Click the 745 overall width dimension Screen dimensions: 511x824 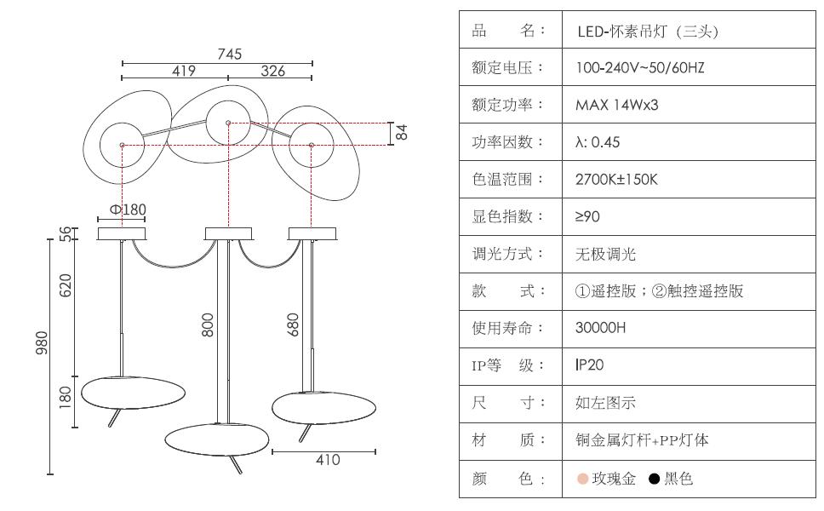point(229,54)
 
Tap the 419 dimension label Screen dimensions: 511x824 point(184,72)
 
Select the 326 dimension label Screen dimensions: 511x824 point(272,72)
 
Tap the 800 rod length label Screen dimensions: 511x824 point(208,324)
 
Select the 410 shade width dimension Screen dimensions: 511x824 point(328,460)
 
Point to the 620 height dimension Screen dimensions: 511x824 point(66,284)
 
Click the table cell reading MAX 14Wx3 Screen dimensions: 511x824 point(617,105)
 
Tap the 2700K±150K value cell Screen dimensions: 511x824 point(617,180)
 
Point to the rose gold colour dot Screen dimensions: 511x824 point(582,479)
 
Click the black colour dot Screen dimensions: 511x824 point(654,479)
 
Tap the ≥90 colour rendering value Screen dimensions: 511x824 point(588,217)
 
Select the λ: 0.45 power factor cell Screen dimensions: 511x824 point(598,142)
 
